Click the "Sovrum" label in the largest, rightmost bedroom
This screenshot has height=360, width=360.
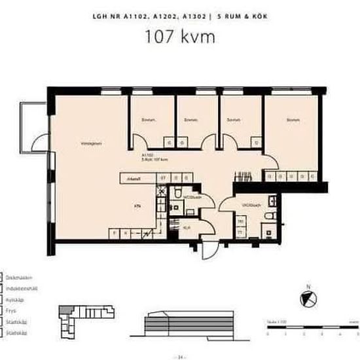pos(293,120)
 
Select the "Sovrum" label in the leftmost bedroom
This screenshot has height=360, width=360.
pos(147,120)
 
